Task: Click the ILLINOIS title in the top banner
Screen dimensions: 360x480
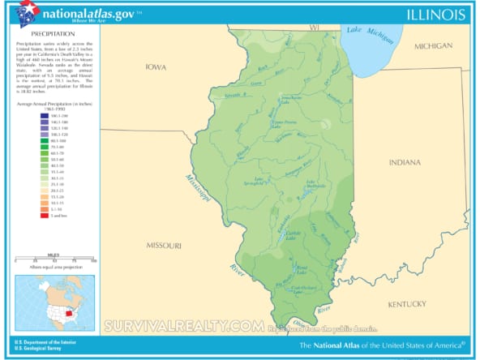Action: click(x=436, y=15)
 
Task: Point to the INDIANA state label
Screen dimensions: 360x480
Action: click(x=405, y=163)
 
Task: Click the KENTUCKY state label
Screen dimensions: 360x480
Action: click(x=406, y=304)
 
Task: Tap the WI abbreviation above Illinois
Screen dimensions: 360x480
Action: click(x=315, y=28)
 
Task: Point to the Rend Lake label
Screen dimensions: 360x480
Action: click(x=302, y=268)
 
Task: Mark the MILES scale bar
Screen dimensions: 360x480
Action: click(x=54, y=260)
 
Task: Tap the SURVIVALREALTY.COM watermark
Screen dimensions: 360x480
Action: click(x=184, y=327)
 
